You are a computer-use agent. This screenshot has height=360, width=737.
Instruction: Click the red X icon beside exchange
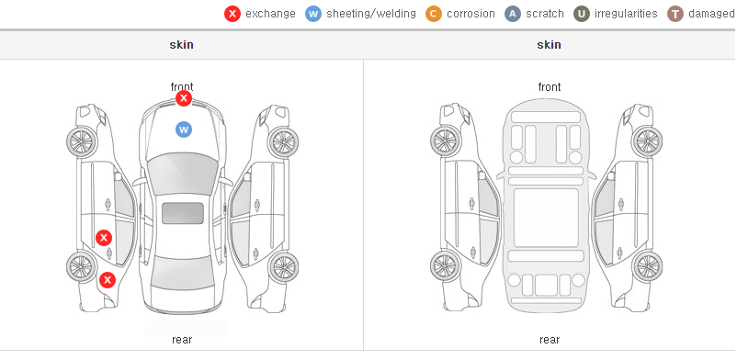point(232,14)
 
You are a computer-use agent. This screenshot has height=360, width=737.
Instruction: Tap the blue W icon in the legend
point(313,14)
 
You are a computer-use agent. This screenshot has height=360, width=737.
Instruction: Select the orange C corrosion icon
point(434,14)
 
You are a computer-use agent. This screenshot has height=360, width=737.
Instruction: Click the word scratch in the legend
point(545,14)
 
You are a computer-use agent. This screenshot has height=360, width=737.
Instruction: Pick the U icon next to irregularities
point(582,14)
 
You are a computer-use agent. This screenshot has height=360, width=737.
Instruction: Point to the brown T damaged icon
point(675,14)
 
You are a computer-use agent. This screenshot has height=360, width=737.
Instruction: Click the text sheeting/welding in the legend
point(371,14)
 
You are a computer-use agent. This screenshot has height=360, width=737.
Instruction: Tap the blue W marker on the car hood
point(184,129)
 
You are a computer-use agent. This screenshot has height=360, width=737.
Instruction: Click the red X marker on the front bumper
point(184,98)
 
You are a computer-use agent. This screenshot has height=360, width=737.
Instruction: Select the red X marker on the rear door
point(104,238)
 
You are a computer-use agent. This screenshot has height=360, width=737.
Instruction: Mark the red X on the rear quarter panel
point(108,281)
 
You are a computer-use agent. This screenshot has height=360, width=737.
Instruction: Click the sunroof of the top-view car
point(183,213)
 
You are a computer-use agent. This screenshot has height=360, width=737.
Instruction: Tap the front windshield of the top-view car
point(183,173)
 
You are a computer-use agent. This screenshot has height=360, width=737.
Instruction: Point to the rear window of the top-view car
point(183,274)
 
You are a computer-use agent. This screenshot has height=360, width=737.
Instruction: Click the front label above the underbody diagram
point(550,87)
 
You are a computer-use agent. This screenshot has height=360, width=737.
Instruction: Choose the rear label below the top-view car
point(182,340)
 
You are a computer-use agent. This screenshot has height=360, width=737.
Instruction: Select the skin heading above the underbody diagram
point(549,45)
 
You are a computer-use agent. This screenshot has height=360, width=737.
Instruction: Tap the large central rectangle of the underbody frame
point(546,218)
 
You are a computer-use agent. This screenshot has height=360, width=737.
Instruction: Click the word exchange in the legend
point(270,14)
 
